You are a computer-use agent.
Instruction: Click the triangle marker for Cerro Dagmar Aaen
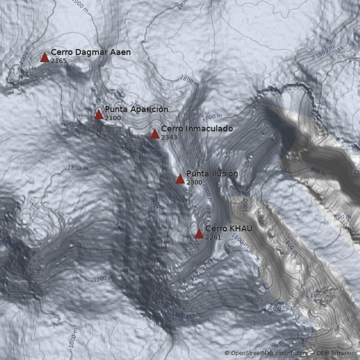tap(45, 57)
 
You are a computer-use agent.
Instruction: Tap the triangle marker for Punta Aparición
tap(99, 114)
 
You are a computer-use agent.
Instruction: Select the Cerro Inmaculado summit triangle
tap(155, 134)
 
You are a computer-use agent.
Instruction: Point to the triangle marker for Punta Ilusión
tap(180, 179)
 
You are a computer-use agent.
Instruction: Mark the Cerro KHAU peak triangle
tap(199, 234)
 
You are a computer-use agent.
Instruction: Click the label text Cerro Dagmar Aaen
tap(90, 52)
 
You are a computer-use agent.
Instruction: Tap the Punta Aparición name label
tap(136, 109)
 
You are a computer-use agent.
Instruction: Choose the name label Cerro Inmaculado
tap(197, 129)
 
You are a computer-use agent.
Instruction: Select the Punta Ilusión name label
tap(212, 174)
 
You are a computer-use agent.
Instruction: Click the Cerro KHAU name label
tap(228, 229)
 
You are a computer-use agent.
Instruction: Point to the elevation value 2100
tap(113, 118)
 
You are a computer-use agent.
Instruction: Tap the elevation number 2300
tap(194, 182)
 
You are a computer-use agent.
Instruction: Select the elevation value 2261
tap(213, 237)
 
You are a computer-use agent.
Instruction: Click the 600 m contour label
tap(342, 217)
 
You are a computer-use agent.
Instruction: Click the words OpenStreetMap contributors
tap(269, 354)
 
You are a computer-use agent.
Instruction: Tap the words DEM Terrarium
tap(336, 354)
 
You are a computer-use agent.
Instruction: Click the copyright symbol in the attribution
tap(227, 354)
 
